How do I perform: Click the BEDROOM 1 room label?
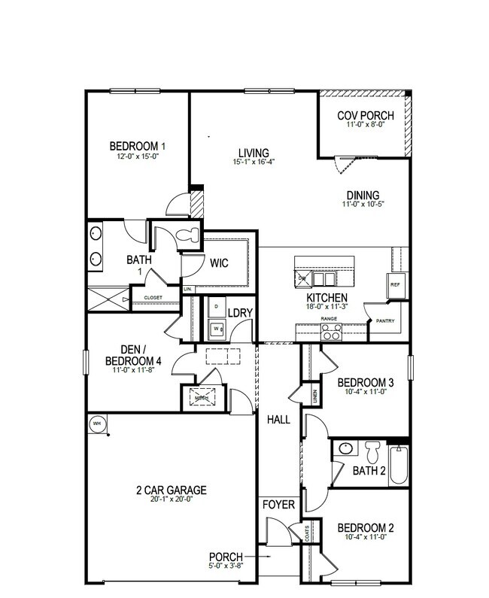138,146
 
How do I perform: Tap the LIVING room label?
253,152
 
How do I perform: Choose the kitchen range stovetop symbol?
332,332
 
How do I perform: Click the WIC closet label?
219,263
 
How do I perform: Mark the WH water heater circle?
97,423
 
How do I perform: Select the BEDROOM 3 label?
366,381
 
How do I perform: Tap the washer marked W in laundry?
217,329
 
